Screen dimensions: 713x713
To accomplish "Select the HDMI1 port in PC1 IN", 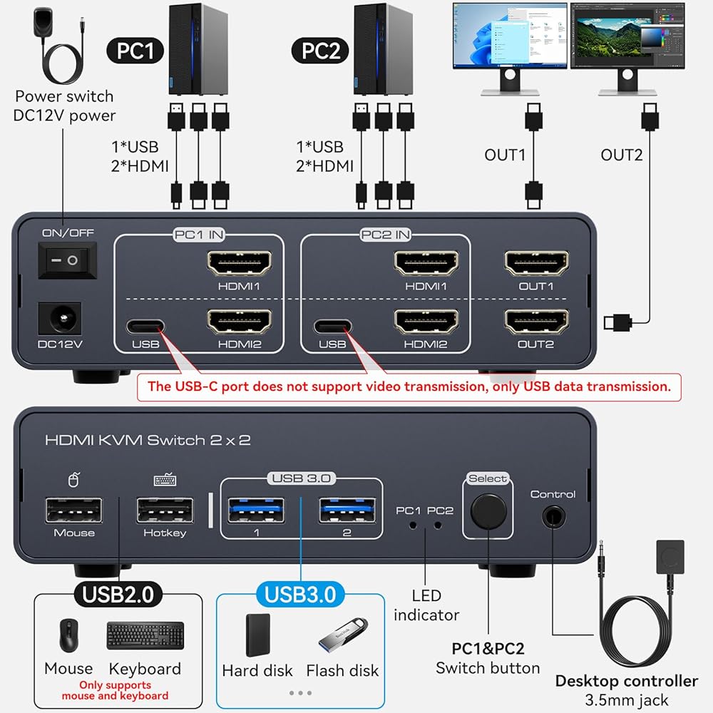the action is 239,265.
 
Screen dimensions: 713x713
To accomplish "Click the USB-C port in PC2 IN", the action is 332,327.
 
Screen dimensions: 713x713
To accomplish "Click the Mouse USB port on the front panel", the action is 73,510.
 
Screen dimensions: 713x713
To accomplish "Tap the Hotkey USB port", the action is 165,511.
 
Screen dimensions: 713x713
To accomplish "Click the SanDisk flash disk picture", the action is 340,635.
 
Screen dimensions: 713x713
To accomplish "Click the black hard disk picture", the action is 258,635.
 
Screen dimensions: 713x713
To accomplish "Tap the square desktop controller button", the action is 670,556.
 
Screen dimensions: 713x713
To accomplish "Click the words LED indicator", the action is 426,605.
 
